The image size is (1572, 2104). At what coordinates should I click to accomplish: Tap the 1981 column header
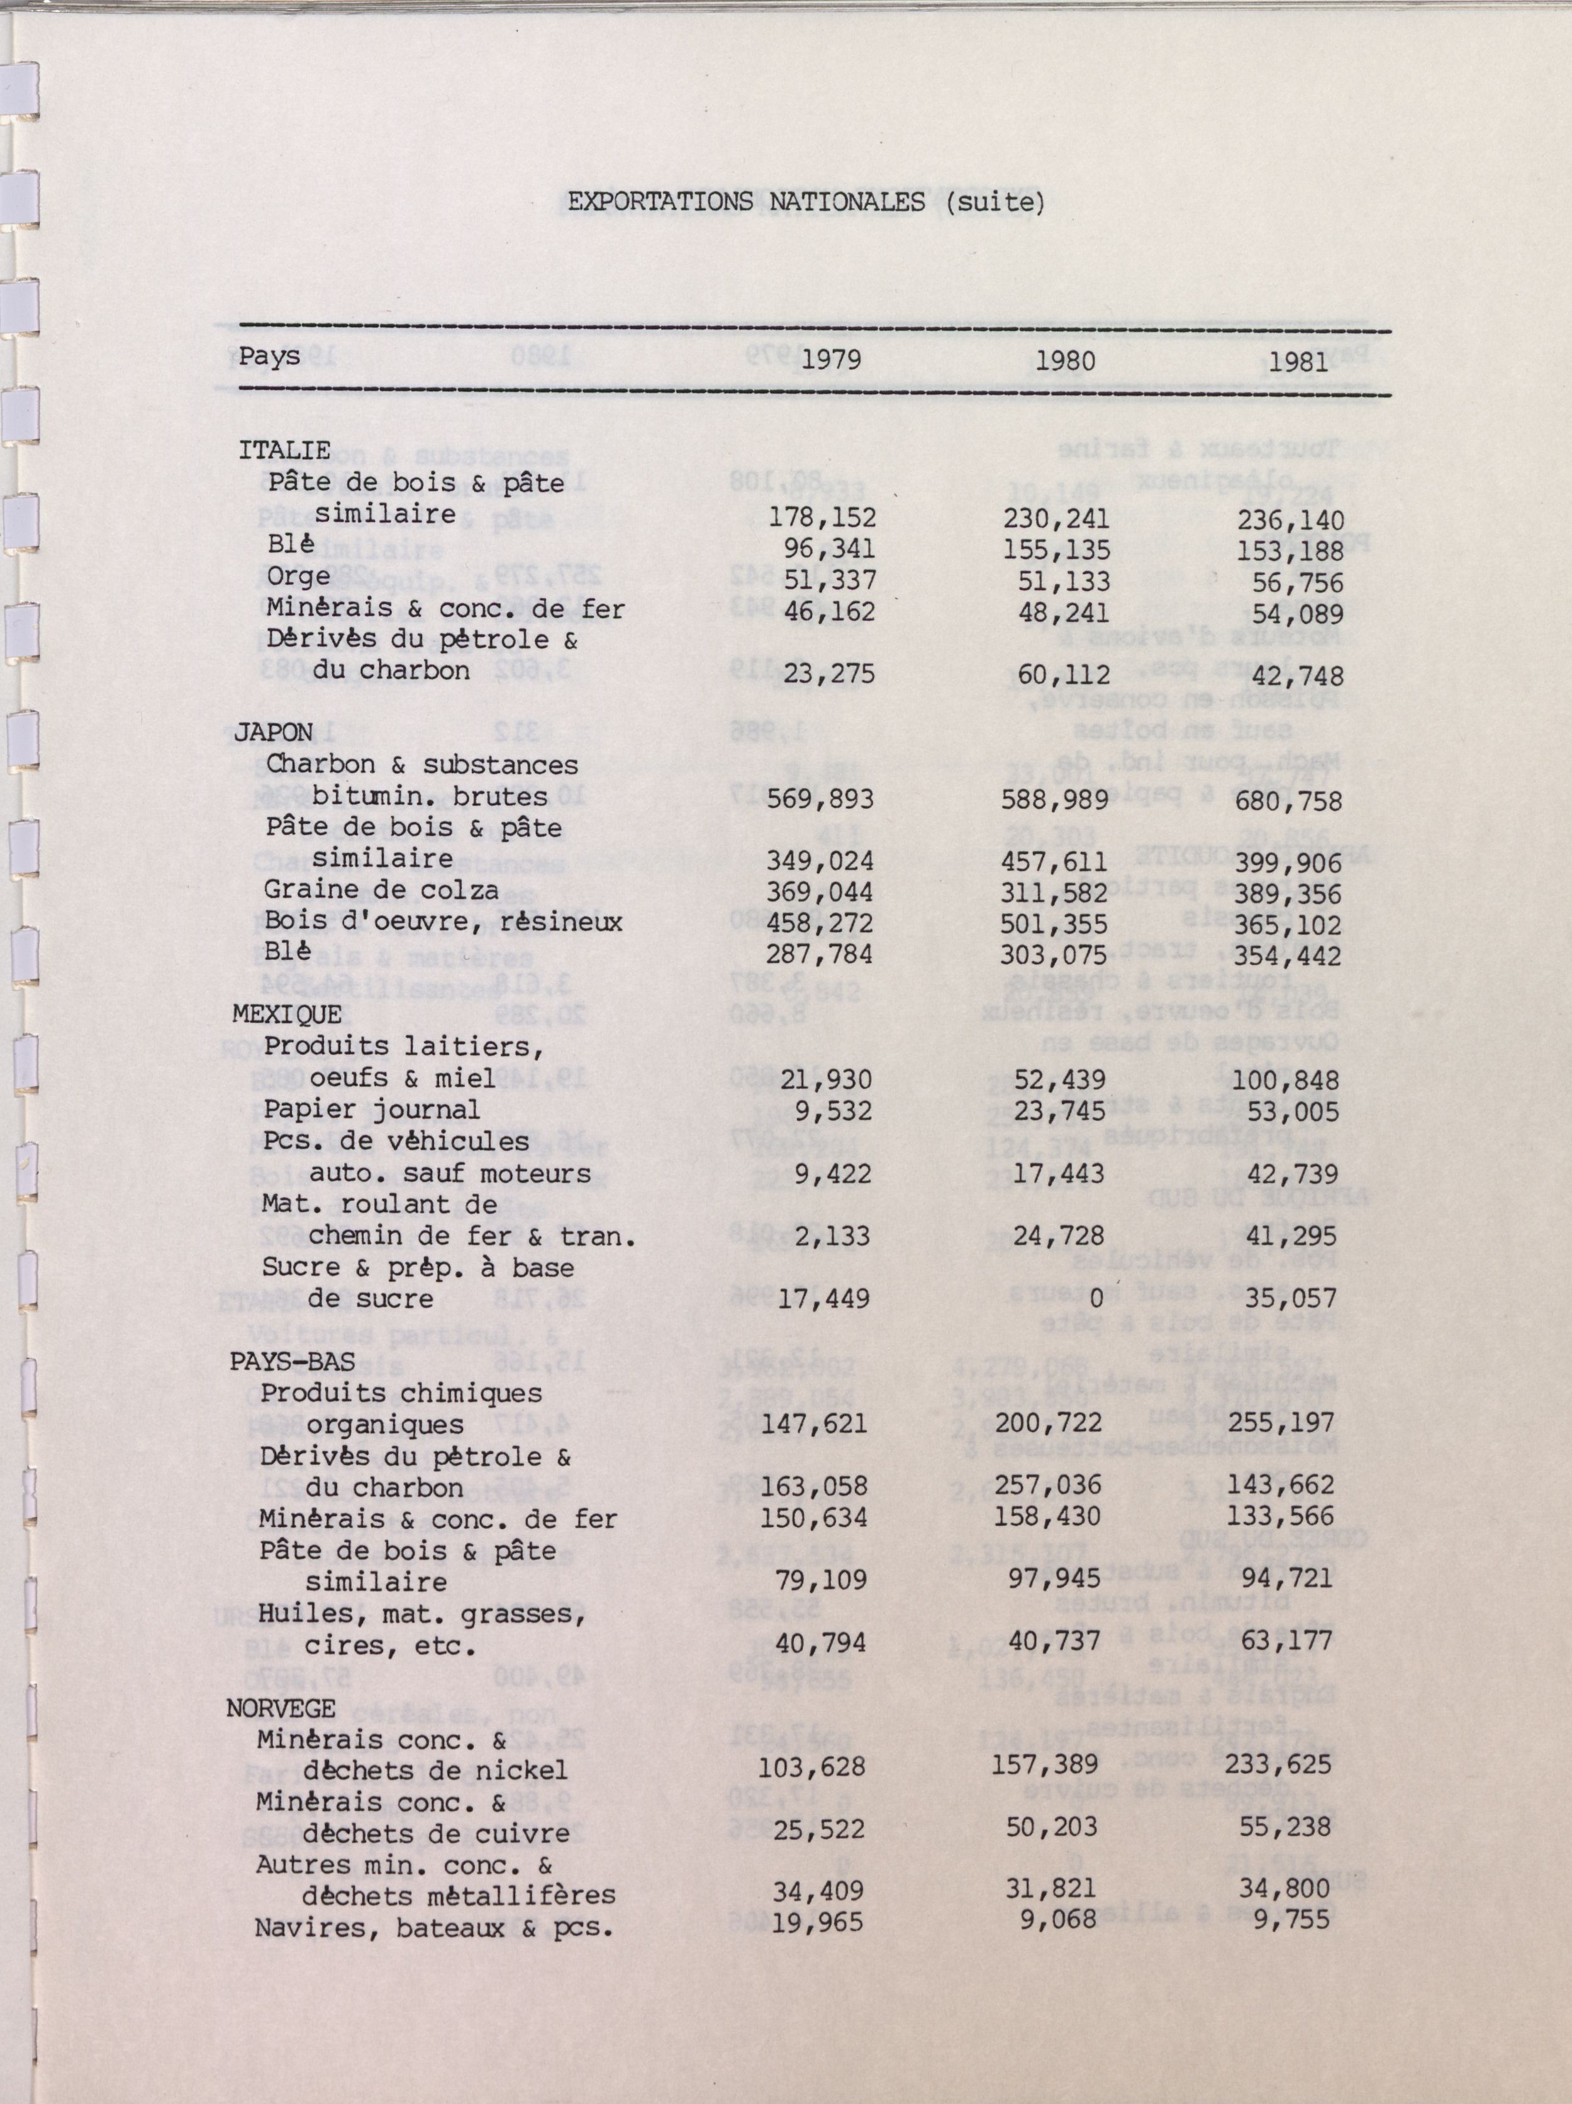click(1299, 362)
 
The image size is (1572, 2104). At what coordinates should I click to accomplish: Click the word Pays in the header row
click(269, 356)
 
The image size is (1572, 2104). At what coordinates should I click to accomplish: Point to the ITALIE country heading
click(284, 449)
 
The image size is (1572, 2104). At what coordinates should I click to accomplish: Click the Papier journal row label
click(372, 1109)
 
